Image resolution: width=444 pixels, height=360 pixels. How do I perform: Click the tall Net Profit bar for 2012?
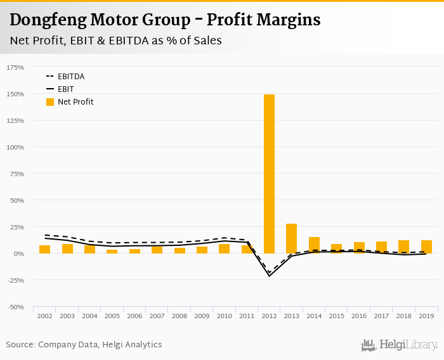269,174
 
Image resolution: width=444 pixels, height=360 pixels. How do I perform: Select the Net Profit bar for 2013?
291,238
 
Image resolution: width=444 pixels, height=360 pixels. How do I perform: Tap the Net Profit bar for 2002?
44,249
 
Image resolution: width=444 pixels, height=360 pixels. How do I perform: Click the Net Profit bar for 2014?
314,245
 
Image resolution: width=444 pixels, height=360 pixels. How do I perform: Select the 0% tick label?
19,254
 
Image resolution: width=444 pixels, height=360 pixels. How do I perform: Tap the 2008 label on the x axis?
180,315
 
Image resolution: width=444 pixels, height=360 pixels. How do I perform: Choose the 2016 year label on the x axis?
359,315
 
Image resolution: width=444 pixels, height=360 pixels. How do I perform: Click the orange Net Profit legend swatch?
50,102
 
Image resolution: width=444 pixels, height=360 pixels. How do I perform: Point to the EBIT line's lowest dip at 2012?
269,276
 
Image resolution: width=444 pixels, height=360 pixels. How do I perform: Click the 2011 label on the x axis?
247,315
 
